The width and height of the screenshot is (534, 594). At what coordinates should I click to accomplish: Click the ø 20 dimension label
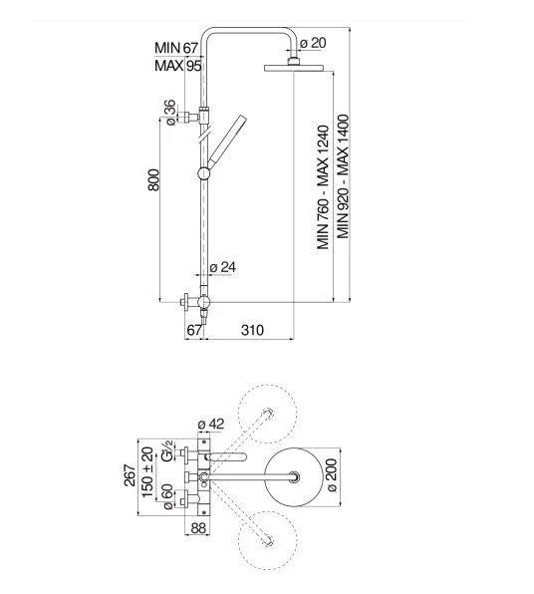(x=313, y=43)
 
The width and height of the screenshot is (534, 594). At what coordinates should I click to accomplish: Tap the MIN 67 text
(x=176, y=48)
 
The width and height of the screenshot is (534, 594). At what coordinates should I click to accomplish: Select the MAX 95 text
(x=178, y=66)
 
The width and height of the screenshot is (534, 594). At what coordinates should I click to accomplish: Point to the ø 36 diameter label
(x=170, y=113)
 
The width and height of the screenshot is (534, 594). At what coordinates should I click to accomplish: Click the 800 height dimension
(x=153, y=180)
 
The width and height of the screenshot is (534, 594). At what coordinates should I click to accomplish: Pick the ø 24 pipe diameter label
(x=223, y=267)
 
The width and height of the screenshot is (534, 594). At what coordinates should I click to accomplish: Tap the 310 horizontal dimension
(x=252, y=330)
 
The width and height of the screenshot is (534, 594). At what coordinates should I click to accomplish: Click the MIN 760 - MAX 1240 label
(x=323, y=187)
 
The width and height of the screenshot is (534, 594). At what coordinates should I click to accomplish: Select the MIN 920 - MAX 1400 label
(x=343, y=176)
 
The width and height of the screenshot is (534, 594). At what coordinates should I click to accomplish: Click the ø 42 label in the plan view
(x=211, y=424)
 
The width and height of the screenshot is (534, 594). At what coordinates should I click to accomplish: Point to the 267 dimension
(x=130, y=475)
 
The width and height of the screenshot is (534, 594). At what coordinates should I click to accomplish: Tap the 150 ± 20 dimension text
(x=147, y=472)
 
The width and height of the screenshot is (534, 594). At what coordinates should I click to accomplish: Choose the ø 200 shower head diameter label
(x=331, y=475)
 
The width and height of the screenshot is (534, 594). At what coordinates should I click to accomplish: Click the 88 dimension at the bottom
(x=198, y=528)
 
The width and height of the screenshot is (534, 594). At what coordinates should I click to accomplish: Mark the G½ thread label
(x=166, y=450)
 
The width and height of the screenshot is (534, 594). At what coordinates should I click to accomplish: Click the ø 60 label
(x=167, y=496)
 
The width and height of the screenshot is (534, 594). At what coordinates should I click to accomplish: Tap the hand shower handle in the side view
(x=227, y=139)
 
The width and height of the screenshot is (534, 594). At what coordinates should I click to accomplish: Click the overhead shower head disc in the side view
(x=294, y=68)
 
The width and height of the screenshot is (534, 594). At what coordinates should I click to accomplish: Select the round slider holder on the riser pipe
(x=204, y=173)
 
